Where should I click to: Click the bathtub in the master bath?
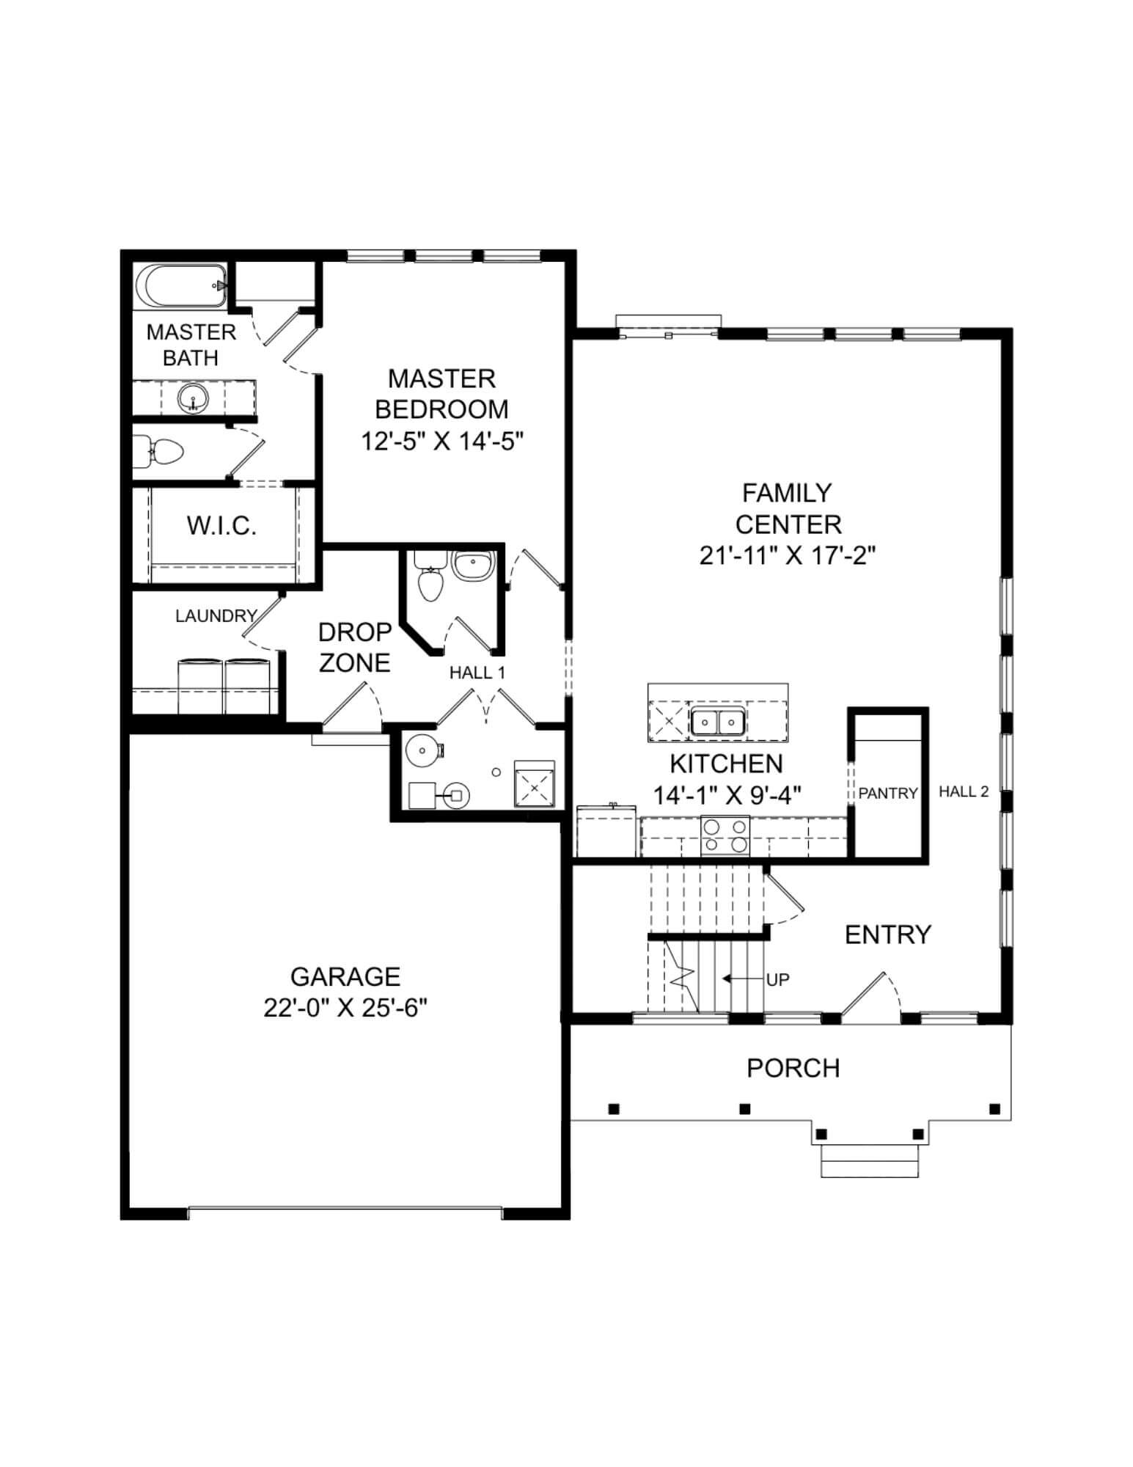180,286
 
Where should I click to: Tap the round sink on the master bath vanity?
193,399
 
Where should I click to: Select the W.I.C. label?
221,526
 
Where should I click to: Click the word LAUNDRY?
216,616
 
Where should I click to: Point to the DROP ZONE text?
355,647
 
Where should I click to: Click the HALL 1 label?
477,673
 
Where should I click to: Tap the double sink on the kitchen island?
718,722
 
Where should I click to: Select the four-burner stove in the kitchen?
725,835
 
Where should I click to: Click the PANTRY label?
888,793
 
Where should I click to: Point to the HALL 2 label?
964,791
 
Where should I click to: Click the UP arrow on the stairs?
736,978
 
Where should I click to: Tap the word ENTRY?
887,934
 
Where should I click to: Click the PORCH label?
793,1068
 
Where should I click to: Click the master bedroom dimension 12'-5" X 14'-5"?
442,442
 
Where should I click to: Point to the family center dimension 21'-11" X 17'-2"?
788,555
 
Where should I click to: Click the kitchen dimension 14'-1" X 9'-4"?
726,795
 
